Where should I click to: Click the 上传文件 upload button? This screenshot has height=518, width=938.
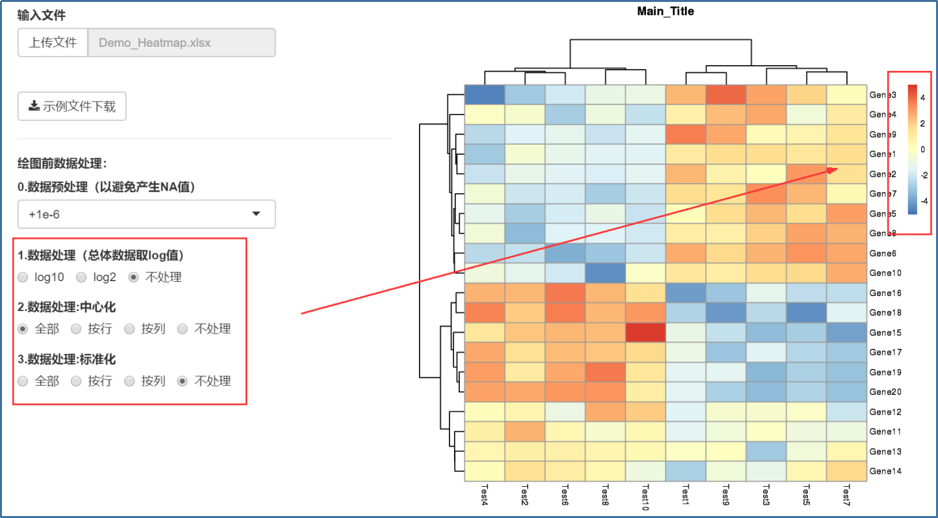(x=53, y=43)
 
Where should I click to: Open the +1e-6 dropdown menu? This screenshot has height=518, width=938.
(x=146, y=214)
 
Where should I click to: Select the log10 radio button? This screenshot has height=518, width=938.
(x=23, y=277)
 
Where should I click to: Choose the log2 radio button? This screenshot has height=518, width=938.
(x=82, y=277)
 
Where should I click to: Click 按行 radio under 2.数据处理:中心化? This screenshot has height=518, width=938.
(x=77, y=329)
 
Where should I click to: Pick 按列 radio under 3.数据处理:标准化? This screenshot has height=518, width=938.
(x=130, y=381)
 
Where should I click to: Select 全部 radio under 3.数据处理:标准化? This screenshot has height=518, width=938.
(x=23, y=381)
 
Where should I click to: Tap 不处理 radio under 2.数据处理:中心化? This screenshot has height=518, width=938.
(x=183, y=329)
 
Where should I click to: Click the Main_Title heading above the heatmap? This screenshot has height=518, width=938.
(x=665, y=11)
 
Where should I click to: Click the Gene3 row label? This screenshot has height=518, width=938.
(x=883, y=95)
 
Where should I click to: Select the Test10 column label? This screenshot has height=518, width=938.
(x=645, y=498)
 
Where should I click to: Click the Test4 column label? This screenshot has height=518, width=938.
(x=485, y=495)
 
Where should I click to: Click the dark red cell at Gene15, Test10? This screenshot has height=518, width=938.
(x=645, y=333)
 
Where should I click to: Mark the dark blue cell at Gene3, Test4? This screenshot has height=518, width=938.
(x=485, y=95)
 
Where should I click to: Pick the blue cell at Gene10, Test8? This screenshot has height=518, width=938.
(x=605, y=273)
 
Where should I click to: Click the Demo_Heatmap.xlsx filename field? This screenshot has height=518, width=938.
(x=181, y=43)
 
